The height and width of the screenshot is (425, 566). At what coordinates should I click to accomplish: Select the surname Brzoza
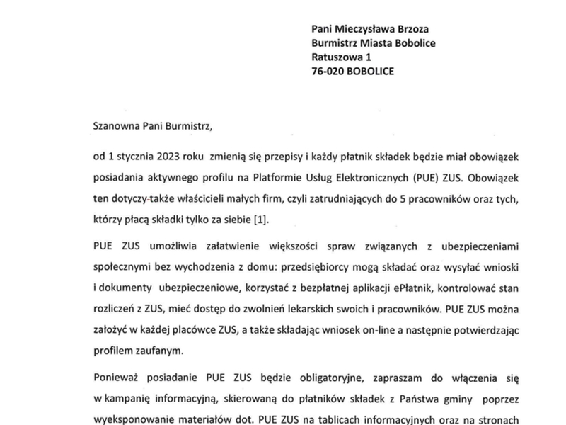pos(412,28)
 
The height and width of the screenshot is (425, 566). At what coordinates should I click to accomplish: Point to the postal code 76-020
pos(328,72)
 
